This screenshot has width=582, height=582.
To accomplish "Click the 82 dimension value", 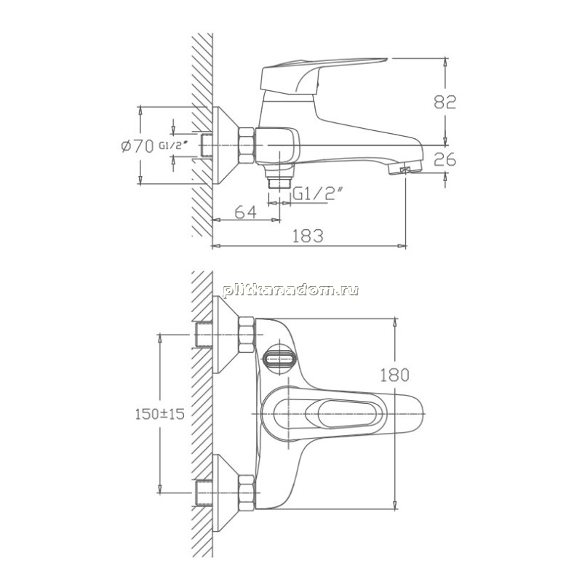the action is [x=445, y=102].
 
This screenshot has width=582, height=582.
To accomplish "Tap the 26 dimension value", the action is [x=445, y=159].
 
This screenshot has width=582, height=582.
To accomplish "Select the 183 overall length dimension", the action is [x=308, y=236].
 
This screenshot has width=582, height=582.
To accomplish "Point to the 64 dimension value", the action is [x=246, y=212].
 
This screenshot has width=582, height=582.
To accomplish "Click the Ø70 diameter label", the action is [x=137, y=147].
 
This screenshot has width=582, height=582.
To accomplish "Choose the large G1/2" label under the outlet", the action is [x=316, y=193].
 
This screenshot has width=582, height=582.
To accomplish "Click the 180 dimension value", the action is [x=394, y=375].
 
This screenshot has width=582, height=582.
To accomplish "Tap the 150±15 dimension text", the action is [x=159, y=414].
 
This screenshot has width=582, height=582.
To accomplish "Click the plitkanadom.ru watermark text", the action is [x=290, y=290].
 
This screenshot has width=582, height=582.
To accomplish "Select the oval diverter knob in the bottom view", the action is [x=279, y=359].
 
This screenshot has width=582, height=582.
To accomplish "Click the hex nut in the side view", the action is [x=247, y=145].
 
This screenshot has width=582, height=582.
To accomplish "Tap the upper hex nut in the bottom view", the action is [x=246, y=335].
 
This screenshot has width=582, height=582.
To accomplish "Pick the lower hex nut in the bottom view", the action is [x=246, y=493].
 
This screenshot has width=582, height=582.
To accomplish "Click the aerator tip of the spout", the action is [x=405, y=169].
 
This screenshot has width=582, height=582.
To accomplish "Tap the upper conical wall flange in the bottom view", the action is [x=226, y=335].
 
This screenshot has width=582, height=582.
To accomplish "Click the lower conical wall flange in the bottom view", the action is [x=226, y=493].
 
